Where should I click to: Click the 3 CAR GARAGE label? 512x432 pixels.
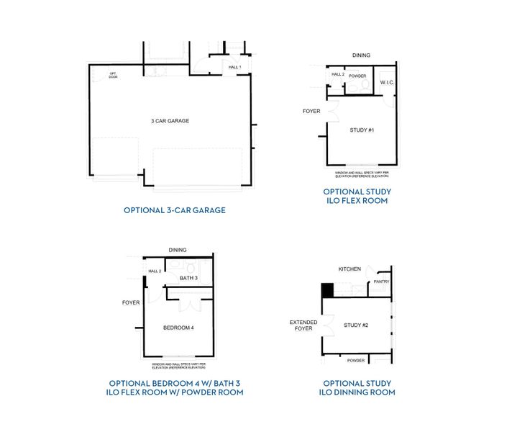point(170,121)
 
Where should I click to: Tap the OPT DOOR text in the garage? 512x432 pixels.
point(113,75)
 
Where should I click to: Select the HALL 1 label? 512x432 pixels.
point(234,67)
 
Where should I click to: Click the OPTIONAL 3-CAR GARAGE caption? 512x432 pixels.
point(175,210)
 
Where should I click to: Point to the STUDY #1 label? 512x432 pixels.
point(362,130)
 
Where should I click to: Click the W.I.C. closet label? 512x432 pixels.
point(387,82)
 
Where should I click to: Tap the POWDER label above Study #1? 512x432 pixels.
point(357,75)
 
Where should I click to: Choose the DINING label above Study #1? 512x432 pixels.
point(361,55)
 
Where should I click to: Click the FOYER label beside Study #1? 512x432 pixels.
point(311,111)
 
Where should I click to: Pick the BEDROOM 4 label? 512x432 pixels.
point(178,328)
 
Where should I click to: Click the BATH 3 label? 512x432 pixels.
point(188,277)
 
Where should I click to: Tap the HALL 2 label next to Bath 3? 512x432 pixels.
point(155,271)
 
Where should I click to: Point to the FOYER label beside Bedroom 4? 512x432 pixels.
point(131,302)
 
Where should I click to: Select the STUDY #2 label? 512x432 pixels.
point(356,325)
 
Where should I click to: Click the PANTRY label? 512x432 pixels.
point(381,282)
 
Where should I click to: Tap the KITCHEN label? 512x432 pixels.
point(349,269)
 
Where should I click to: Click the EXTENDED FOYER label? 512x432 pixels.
point(303,326)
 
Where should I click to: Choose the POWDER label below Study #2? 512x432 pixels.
point(356,360)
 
